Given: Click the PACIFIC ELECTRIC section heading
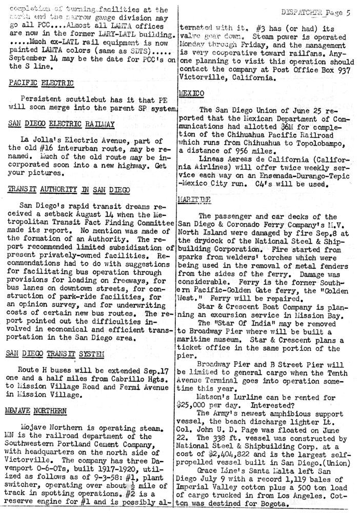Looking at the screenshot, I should click(41, 83).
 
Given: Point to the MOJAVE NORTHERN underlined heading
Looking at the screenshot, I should click(37, 410).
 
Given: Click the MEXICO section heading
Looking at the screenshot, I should click(192, 93).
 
